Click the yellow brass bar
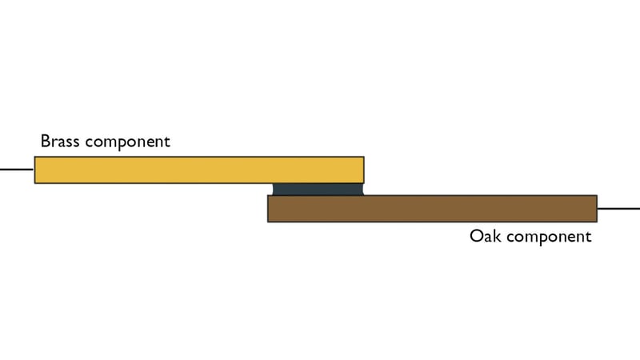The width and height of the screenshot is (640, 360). click(x=199, y=170)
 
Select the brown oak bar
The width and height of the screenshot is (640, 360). click(x=432, y=209)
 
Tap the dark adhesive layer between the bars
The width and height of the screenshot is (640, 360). click(x=318, y=190)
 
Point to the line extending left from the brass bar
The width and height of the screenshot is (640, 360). click(x=17, y=169)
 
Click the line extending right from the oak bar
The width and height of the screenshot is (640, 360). click(x=618, y=209)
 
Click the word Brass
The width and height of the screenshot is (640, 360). click(x=60, y=142)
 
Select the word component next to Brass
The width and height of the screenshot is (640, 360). click(x=128, y=142)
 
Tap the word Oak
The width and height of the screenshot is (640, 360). click(x=486, y=236)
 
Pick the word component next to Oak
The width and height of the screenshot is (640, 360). click(x=549, y=237)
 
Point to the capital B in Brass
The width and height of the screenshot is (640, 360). click(x=45, y=142)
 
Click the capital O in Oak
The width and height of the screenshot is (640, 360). click(x=476, y=236)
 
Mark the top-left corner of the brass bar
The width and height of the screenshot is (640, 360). click(x=34, y=157)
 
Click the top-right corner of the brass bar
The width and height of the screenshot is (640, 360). click(x=364, y=157)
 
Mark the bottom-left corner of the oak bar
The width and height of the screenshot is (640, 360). click(x=268, y=222)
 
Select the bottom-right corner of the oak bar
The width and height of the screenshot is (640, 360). click(x=597, y=222)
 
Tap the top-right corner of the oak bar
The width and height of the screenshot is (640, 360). click(x=597, y=195)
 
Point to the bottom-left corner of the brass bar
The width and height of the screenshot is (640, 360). click(x=34, y=183)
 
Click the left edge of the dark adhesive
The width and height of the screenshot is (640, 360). click(x=273, y=190)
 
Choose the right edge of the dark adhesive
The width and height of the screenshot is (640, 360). click(x=362, y=190)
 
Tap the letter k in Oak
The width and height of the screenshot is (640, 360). click(x=498, y=236)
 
